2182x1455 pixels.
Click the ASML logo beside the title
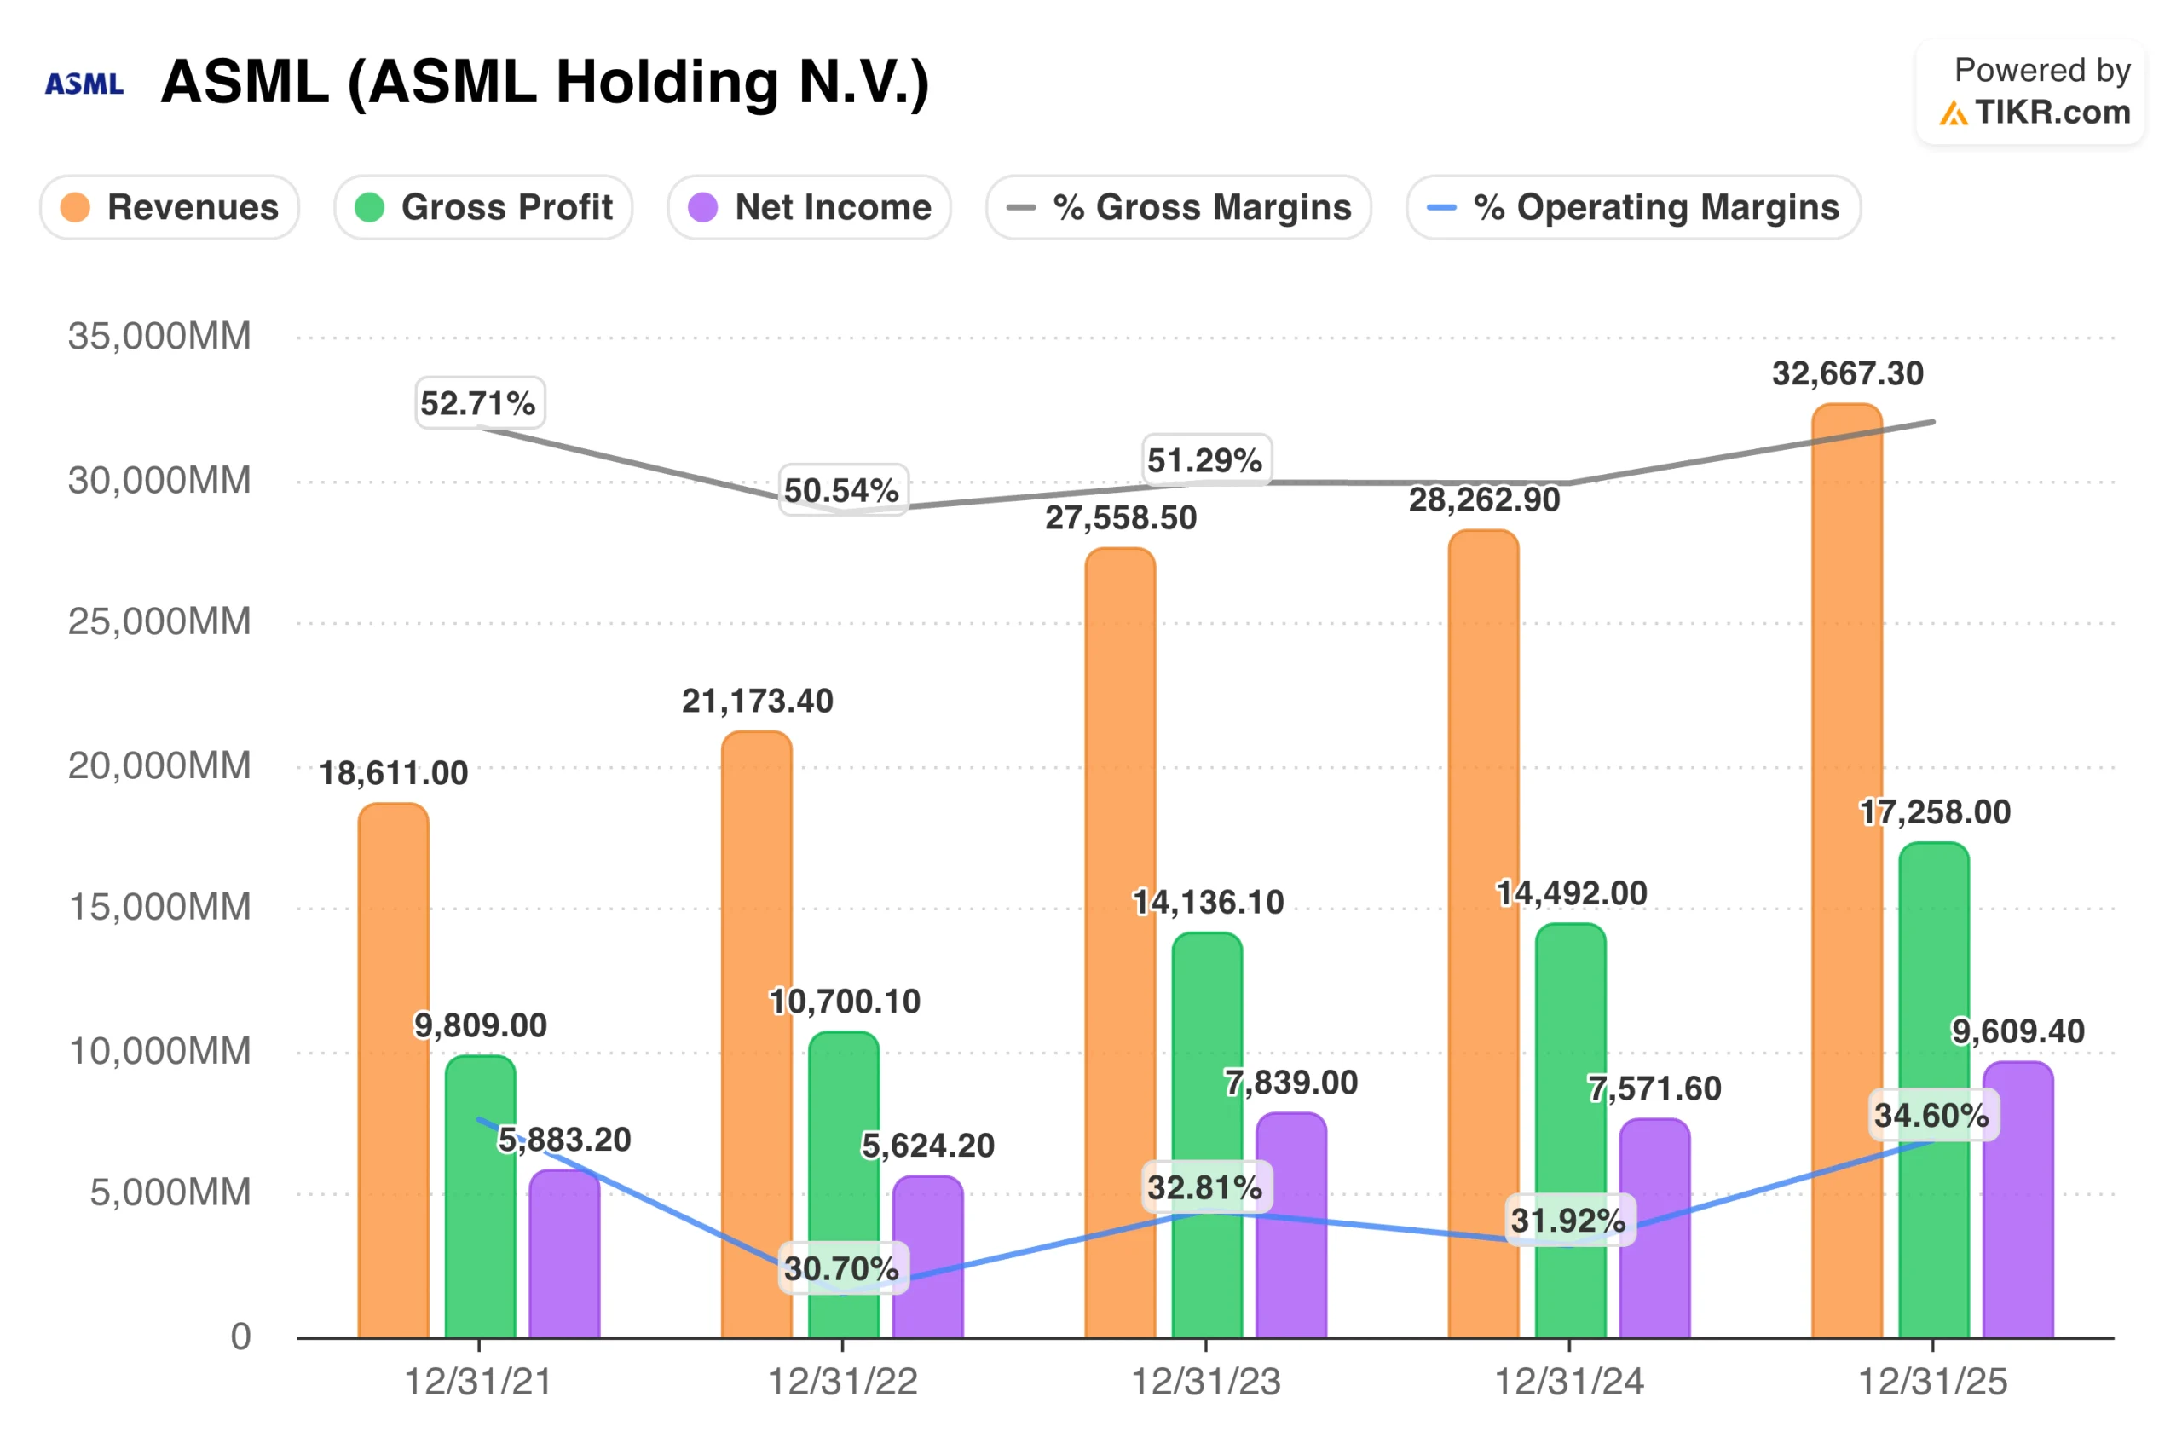[84, 84]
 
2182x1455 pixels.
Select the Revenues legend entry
[170, 207]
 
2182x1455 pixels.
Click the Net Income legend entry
[809, 207]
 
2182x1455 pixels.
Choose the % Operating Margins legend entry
[1633, 207]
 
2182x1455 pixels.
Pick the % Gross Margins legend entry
[1178, 207]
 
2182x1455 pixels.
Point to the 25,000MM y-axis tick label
[159, 621]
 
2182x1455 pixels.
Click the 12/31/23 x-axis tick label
[1205, 1382]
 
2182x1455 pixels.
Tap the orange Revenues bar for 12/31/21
[393, 1067]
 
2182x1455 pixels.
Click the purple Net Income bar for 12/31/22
[927, 1262]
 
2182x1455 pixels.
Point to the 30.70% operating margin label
[841, 1268]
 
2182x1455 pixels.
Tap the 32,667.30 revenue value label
[1847, 374]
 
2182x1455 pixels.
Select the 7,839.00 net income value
[1290, 1083]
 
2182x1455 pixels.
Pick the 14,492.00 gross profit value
[1572, 893]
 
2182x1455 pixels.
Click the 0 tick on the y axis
[240, 1337]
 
